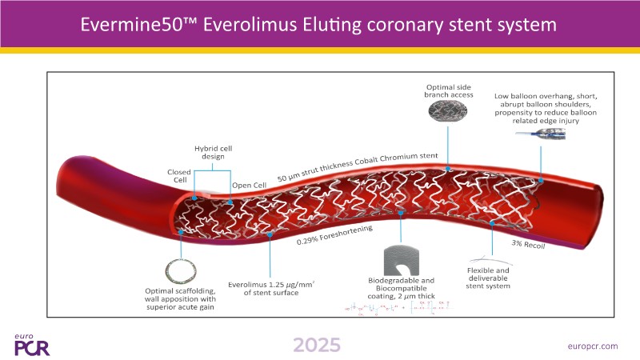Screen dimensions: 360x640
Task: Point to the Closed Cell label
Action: click(x=178, y=177)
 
